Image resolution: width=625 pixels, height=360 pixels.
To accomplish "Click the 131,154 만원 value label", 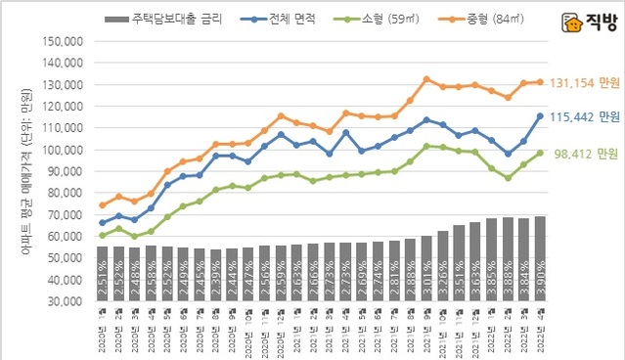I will [583, 83].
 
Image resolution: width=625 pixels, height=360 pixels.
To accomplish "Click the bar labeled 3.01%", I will [426, 269].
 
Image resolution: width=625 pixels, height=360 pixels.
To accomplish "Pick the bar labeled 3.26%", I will [443, 266].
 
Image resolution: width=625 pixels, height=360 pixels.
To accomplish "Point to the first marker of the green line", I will [103, 236].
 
